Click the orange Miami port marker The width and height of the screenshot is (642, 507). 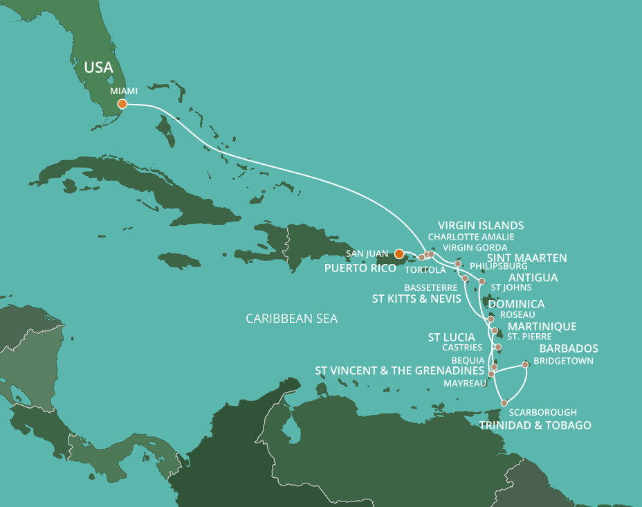[122, 104]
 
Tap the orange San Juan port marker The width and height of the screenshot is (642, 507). [399, 254]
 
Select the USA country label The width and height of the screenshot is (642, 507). [98, 68]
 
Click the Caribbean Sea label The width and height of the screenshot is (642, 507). [291, 319]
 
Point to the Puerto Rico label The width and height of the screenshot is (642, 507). [360, 267]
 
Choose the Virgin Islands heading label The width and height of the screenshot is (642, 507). [481, 225]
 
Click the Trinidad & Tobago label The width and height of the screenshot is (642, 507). [535, 425]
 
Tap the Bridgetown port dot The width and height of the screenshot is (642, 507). [526, 364]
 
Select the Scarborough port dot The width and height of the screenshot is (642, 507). [505, 402]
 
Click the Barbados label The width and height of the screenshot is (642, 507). [569, 348]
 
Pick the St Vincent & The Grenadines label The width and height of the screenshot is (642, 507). [399, 371]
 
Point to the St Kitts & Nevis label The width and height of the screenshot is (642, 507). [411, 299]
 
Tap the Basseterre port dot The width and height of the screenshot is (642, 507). [465, 278]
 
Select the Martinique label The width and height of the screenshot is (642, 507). [542, 326]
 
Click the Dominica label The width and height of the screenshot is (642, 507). [516, 304]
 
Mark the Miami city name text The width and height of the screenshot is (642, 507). [124, 91]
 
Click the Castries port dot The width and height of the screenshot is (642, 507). [498, 347]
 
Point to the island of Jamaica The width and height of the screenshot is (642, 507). [178, 260]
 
